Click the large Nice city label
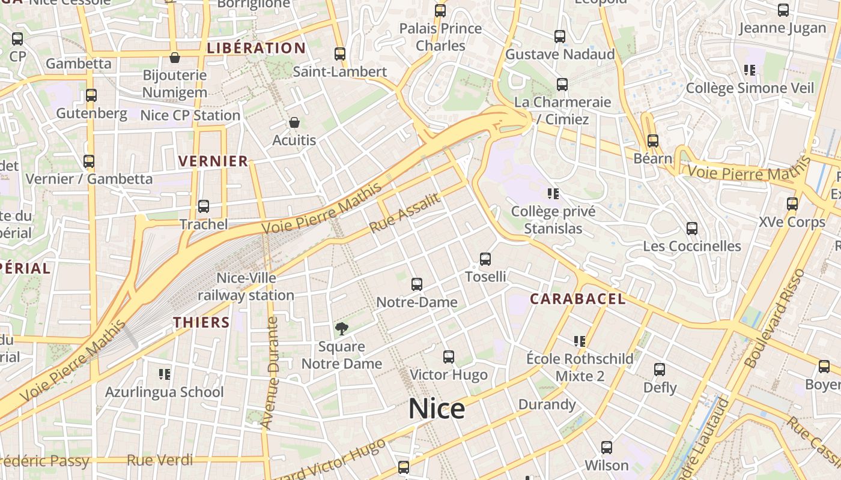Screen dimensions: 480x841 coord(437,409)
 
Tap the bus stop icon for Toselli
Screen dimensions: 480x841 coord(485,259)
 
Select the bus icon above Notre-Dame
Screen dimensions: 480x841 coord(417,284)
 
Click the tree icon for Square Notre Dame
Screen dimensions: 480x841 coord(341,328)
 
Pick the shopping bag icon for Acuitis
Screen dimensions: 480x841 coord(294,122)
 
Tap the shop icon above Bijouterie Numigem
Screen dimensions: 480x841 coord(174,58)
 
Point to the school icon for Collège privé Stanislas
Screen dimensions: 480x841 coord(553,193)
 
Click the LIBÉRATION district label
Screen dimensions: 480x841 coord(257,48)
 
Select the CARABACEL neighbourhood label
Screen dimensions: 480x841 coord(578,299)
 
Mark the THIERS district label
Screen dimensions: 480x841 coord(202,322)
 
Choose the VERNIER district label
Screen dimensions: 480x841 coord(213,161)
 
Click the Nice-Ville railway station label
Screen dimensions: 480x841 coord(246,287)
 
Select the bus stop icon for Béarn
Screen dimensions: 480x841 coord(653,141)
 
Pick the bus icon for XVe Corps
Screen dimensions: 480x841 coord(792,204)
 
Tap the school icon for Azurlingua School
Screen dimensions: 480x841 coord(165,374)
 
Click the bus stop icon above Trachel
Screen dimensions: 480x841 coord(204,206)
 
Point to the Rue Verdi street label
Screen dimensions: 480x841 coord(160,460)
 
